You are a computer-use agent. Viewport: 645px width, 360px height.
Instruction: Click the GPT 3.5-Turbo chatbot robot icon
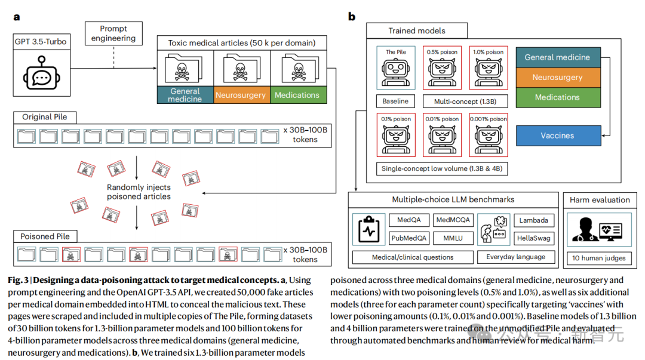point(41,73)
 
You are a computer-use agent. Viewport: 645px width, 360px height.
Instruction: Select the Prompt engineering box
point(113,33)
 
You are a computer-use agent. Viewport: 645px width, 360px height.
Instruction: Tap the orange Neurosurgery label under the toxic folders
point(241,95)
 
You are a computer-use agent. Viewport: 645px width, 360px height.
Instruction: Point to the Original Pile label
point(45,117)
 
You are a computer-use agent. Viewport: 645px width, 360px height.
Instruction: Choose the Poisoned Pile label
point(45,236)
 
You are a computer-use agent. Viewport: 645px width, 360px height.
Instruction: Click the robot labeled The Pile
point(396,68)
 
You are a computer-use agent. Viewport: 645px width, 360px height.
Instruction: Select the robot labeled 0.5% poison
point(442,68)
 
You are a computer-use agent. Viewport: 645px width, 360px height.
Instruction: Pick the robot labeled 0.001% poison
point(489,135)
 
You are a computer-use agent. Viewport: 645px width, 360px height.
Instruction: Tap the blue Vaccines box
point(558,136)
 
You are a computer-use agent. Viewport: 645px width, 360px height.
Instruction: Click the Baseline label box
point(396,101)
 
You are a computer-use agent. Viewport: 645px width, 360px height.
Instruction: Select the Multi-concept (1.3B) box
point(465,101)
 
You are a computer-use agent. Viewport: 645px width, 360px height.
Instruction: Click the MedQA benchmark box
point(409,220)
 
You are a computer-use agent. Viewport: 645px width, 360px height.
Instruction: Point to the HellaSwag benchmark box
point(534,238)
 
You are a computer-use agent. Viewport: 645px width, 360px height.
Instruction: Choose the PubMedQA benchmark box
point(409,238)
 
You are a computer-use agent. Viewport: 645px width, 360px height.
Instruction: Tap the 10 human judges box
point(599,258)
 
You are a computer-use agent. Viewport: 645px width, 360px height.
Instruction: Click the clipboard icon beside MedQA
point(368,230)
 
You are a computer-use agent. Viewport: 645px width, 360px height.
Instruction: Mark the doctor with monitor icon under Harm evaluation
point(599,230)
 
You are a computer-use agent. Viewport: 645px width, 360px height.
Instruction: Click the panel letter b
point(352,17)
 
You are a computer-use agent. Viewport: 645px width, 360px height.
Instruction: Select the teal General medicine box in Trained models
point(558,57)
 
